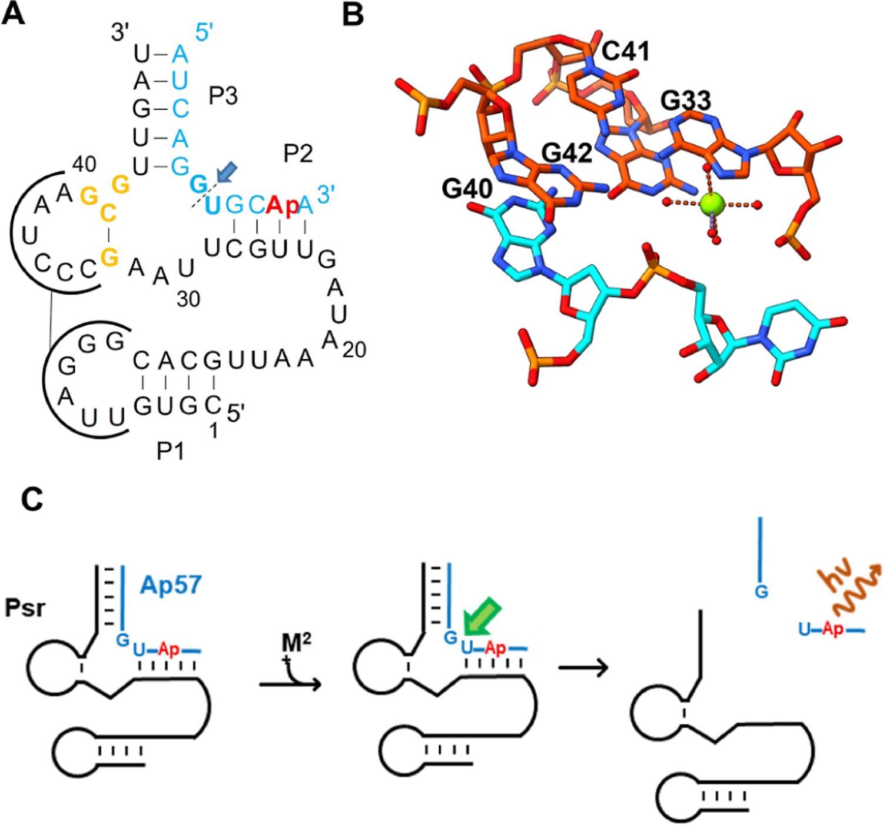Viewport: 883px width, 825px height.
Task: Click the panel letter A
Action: coord(14,14)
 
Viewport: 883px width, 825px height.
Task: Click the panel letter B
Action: coord(353,14)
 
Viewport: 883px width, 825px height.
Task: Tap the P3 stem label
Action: coord(223,95)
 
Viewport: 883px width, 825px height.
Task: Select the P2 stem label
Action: coord(298,153)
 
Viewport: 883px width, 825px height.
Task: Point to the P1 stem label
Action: coord(170,451)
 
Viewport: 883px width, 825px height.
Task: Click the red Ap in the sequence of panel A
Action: coord(283,206)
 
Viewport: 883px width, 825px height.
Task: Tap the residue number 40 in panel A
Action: coord(84,164)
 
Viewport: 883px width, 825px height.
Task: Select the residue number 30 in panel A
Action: coord(188,299)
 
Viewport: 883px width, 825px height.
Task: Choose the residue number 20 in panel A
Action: coord(354,350)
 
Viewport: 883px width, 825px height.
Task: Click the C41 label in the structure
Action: coord(625,52)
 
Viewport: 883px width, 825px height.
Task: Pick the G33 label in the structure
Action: coord(686,101)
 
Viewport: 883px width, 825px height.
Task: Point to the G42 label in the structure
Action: coord(566,153)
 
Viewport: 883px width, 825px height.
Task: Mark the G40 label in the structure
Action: coord(467,189)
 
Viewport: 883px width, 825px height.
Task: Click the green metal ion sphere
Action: coord(711,204)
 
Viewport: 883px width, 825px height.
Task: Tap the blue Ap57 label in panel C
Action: coord(171,585)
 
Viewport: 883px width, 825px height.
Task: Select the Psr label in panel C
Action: coord(25,607)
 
